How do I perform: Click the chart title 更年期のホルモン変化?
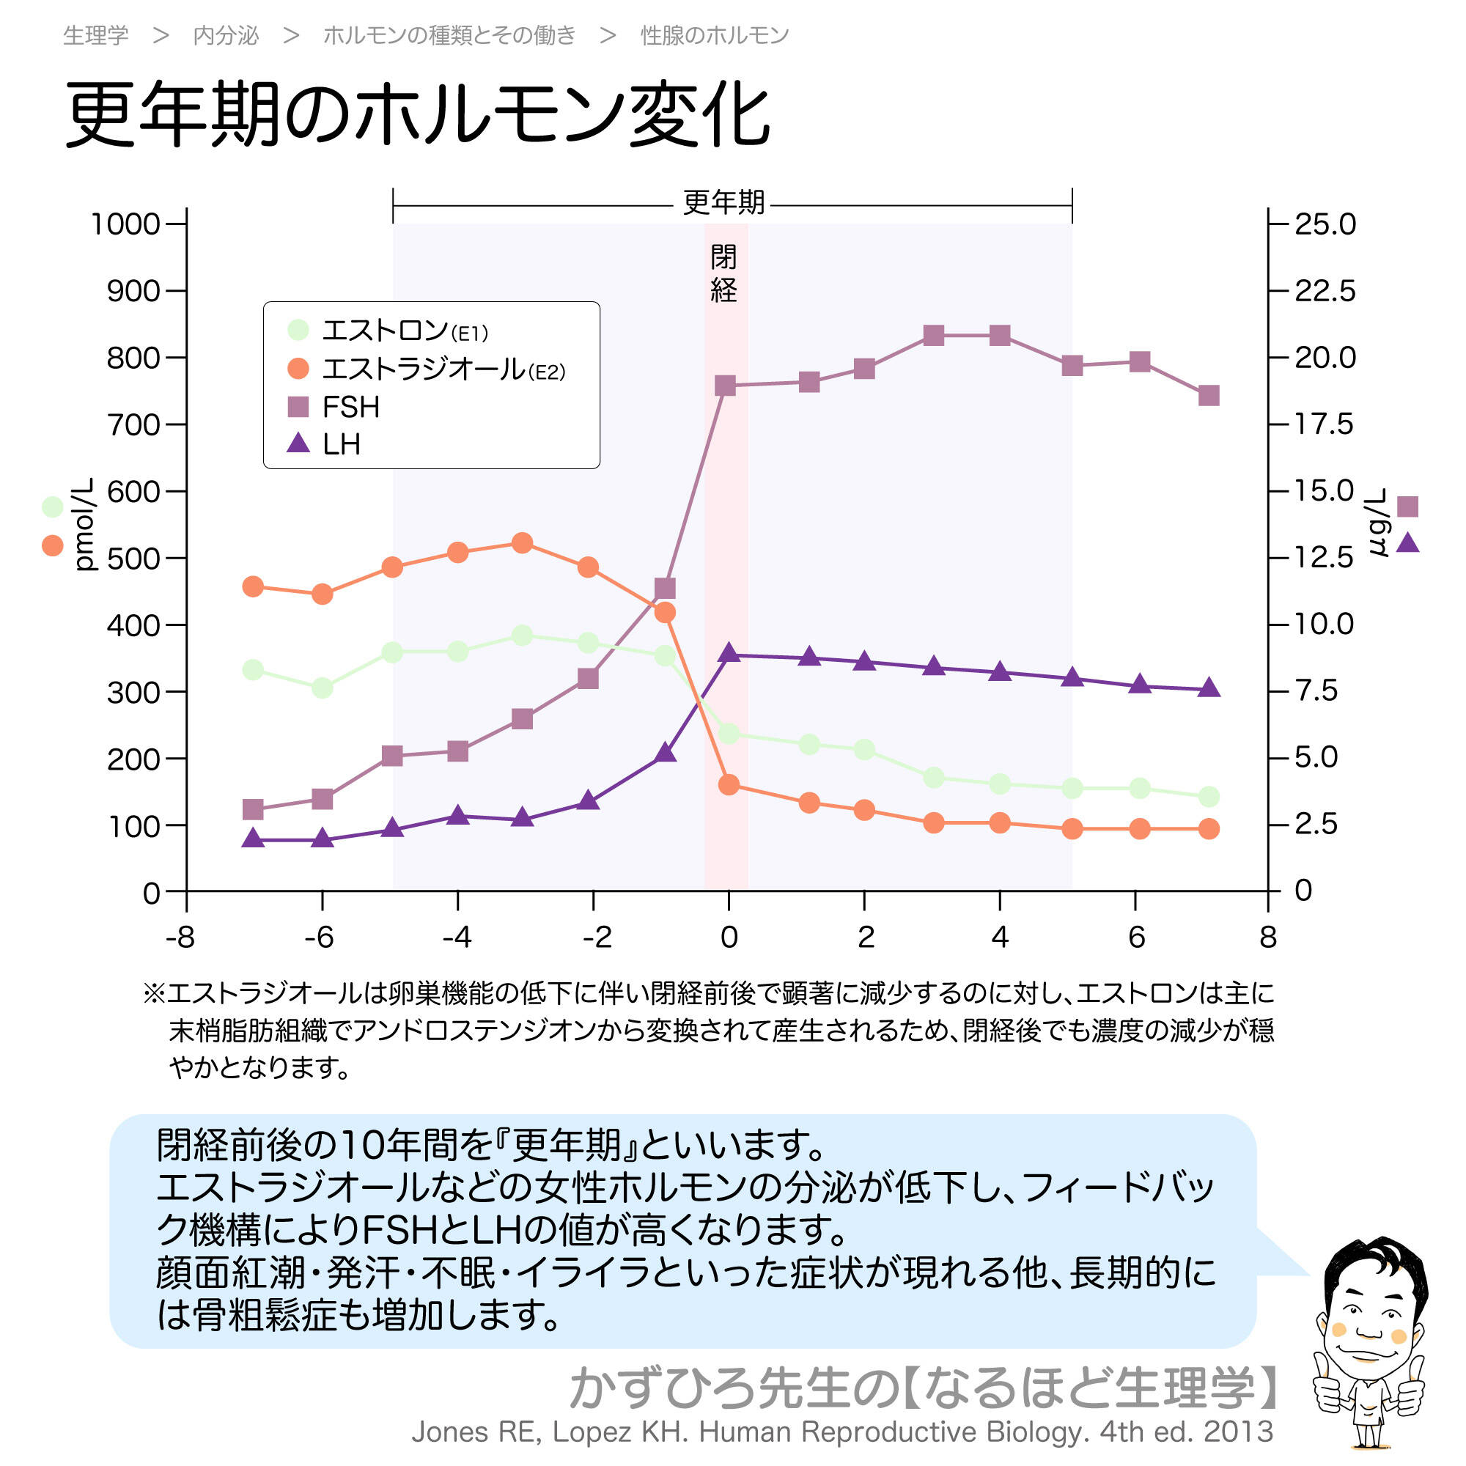pyautogui.click(x=417, y=115)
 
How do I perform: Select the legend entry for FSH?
pyautogui.click(x=350, y=408)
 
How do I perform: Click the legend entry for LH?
pyautogui.click(x=341, y=444)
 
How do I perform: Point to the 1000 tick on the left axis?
pyautogui.click(x=125, y=224)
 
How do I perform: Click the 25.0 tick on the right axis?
pyautogui.click(x=1324, y=224)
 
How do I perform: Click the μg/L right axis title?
pyautogui.click(x=1377, y=523)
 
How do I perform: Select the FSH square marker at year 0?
pyautogui.click(x=726, y=386)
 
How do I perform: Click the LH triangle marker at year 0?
pyautogui.click(x=729, y=652)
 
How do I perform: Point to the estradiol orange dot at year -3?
pyautogui.click(x=522, y=542)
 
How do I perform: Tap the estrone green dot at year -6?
pyautogui.click(x=322, y=688)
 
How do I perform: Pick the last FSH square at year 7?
pyautogui.click(x=1209, y=395)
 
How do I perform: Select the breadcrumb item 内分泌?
pyautogui.click(x=225, y=35)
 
